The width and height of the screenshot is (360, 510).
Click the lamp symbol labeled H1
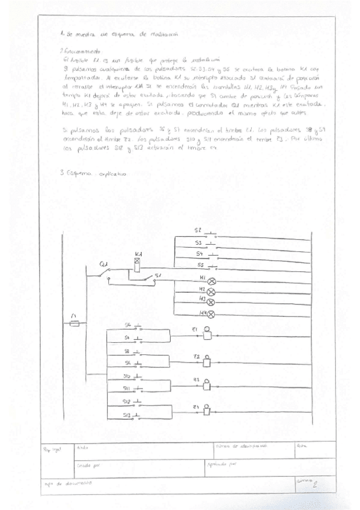(x=211, y=281)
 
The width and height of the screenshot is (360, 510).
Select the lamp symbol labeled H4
(x=211, y=314)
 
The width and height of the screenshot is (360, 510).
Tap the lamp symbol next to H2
(x=211, y=292)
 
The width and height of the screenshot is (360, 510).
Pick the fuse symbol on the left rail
(x=74, y=323)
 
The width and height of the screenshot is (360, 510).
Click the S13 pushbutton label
(x=127, y=415)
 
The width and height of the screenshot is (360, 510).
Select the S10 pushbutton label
(x=127, y=376)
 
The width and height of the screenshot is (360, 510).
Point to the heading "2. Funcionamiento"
(x=82, y=52)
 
